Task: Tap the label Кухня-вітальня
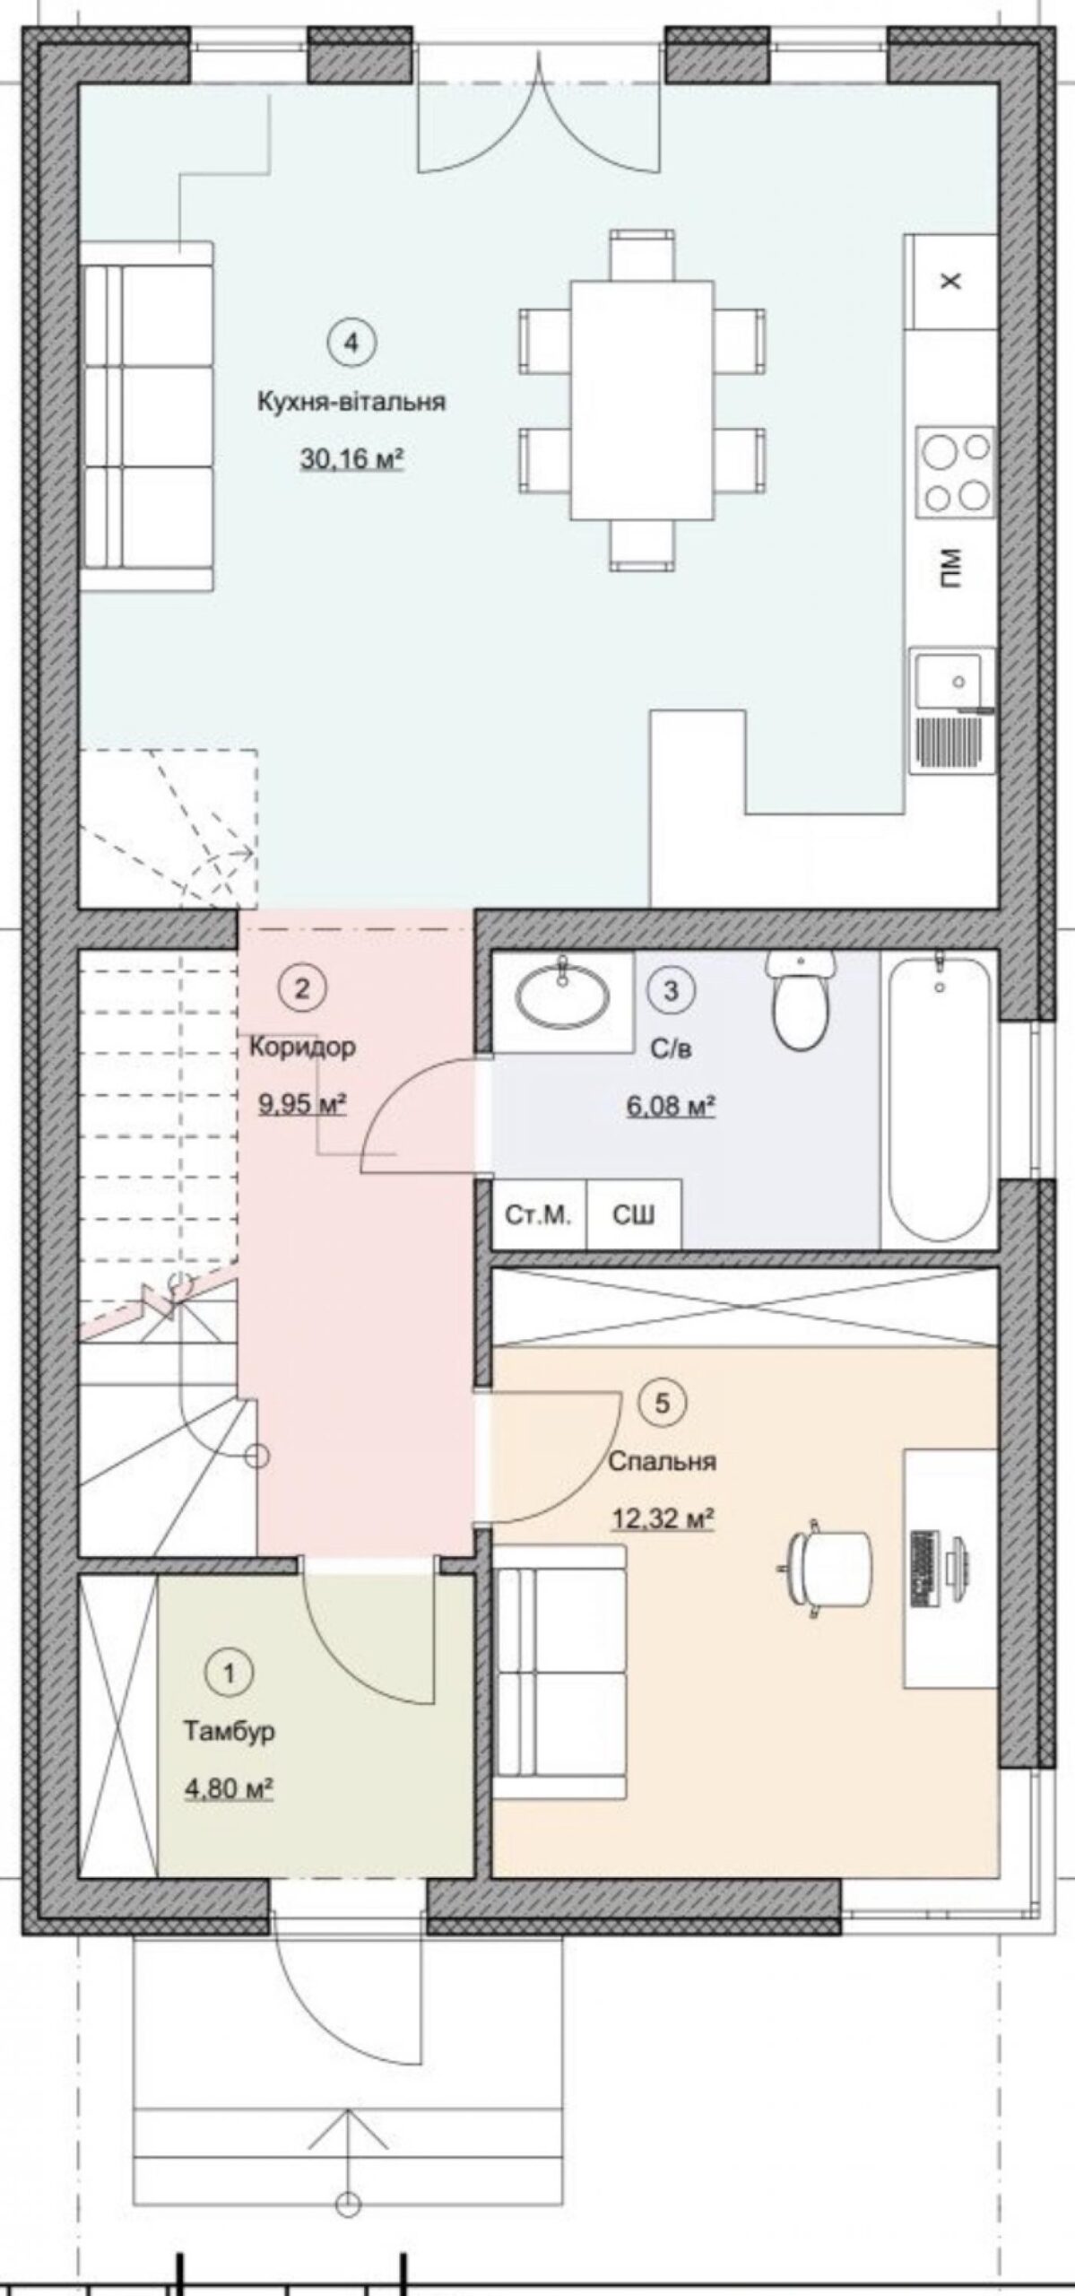pos(351,401)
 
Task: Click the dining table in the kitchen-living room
pos(642,400)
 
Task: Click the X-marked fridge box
pos(951,282)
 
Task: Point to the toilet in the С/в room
pos(802,998)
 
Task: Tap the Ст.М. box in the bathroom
pos(539,1214)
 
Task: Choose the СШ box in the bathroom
pos(634,1214)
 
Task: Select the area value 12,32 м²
pos(663,1519)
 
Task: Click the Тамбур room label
pos(230,1731)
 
